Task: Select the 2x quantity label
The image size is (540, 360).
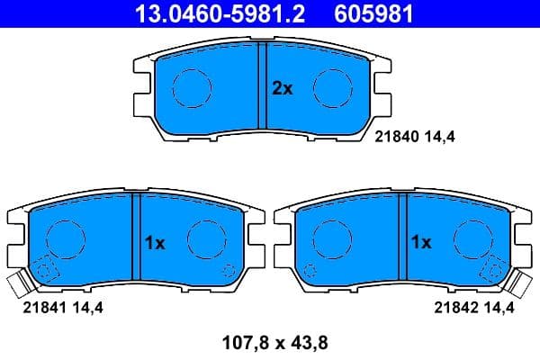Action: coord(283,88)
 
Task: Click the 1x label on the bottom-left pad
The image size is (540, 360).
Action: coord(155,242)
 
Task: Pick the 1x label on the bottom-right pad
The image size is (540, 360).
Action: coord(420,242)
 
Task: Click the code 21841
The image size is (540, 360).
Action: coord(38,307)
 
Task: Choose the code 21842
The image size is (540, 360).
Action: coord(453,307)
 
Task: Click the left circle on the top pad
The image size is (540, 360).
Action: coord(191,87)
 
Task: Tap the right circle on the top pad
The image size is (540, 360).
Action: coord(332,87)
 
